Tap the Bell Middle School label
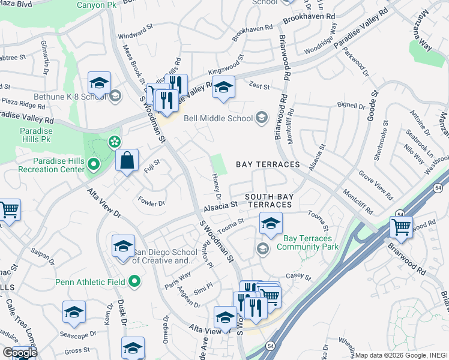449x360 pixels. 218,118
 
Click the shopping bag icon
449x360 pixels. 127,161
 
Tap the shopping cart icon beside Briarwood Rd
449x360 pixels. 401,227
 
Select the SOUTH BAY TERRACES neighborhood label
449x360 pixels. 270,200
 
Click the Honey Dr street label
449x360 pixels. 217,187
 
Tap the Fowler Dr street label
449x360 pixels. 151,202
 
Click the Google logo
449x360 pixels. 20,352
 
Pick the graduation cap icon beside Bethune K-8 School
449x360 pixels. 99,83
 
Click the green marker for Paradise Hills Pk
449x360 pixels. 113,142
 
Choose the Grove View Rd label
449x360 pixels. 376,186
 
